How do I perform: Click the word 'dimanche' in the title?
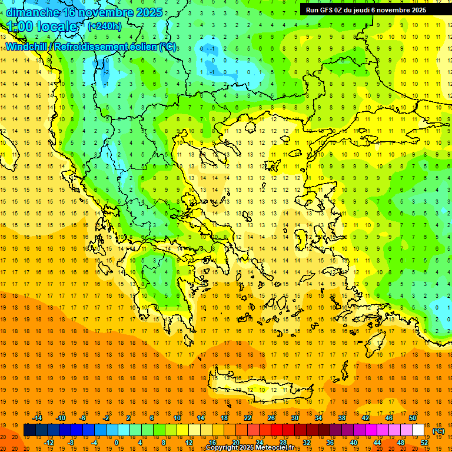click(x=32, y=12)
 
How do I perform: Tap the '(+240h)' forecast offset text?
click(x=105, y=26)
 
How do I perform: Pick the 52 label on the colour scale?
click(x=424, y=442)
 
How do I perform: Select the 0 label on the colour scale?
click(x=116, y=442)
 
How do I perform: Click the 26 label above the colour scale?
click(x=271, y=417)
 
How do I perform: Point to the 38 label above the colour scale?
click(x=342, y=417)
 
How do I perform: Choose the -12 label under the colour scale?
click(x=49, y=442)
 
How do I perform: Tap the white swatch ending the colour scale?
click(x=418, y=430)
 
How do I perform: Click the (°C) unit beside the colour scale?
click(x=438, y=430)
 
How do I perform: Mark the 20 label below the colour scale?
click(x=236, y=442)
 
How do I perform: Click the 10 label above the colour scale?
click(x=177, y=417)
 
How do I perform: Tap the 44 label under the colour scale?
click(x=377, y=442)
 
